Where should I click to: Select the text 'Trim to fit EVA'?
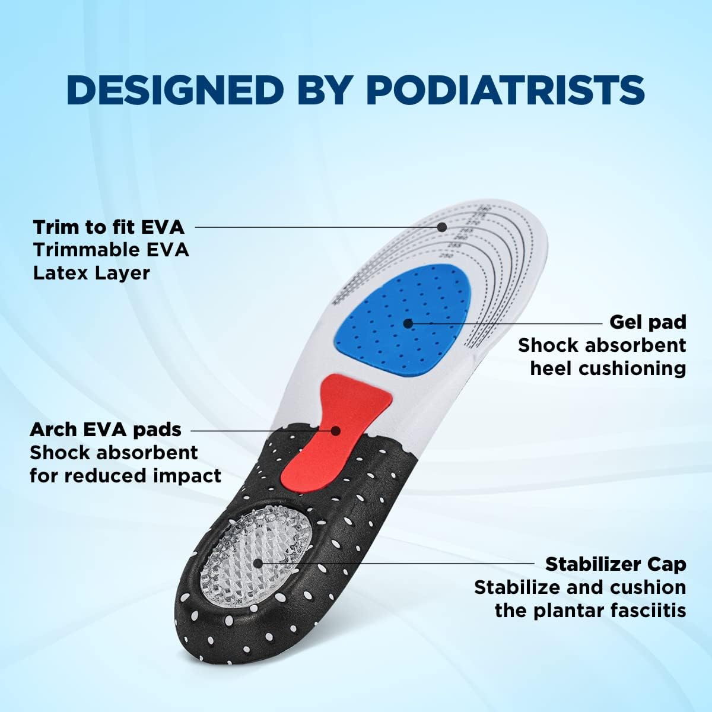[109, 227]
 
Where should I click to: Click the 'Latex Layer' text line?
[91, 273]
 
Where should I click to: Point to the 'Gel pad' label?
[648, 322]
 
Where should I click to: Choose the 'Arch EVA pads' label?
[106, 430]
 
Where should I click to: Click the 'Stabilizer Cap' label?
[615, 564]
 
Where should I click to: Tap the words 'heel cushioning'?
[608, 368]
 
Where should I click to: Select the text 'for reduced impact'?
[126, 475]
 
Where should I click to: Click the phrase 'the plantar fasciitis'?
[590, 611]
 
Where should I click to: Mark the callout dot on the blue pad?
[408, 324]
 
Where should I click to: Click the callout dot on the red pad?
[335, 430]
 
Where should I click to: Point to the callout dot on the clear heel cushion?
[258, 563]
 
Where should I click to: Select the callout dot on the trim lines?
[442, 227]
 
